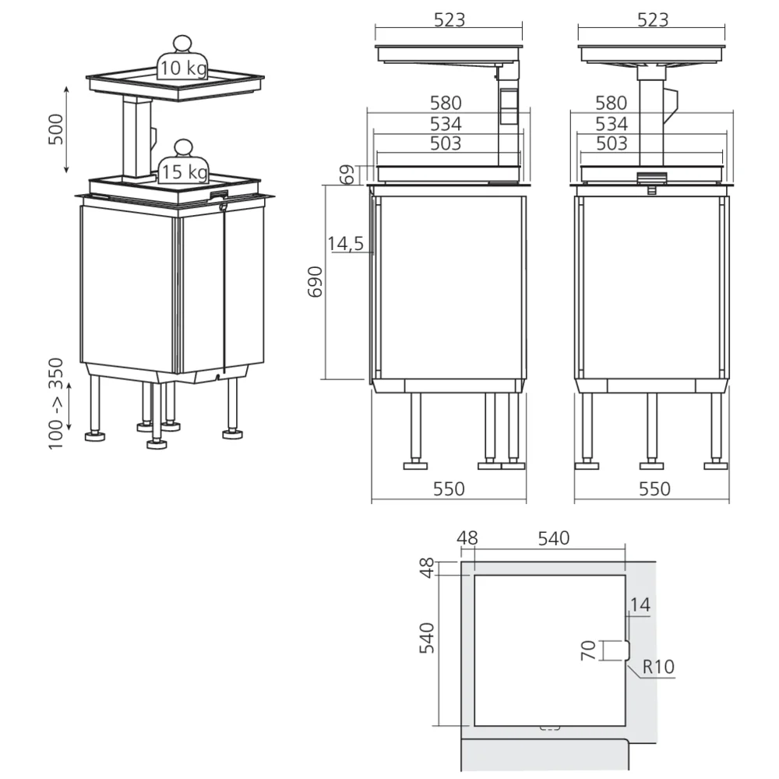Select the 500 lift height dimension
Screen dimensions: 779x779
[55, 129]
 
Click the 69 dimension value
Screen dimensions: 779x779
[347, 174]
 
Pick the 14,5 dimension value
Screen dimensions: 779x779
[345, 244]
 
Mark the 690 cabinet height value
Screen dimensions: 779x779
[314, 282]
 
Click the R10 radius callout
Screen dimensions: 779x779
[659, 667]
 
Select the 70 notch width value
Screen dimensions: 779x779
[589, 650]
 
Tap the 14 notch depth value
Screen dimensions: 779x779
[640, 604]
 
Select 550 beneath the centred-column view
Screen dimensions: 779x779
[654, 488]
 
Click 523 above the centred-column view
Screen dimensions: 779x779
[653, 21]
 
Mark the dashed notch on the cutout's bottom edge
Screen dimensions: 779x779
[549, 728]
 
